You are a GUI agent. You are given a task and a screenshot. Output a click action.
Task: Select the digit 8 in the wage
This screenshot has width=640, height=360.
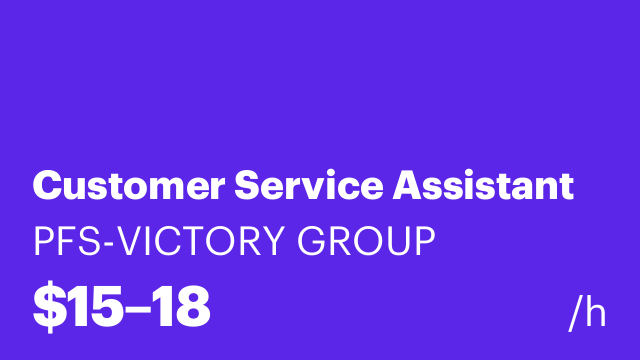[x=190, y=307]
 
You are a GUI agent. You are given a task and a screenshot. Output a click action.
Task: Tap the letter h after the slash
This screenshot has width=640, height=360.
[x=596, y=314]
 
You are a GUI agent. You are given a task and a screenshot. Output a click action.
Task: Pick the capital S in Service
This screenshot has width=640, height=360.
[x=246, y=186]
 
